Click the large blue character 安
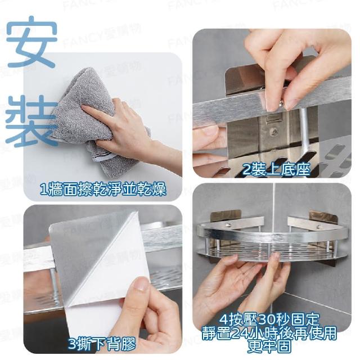click(x=31, y=42)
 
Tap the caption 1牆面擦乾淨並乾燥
click(x=103, y=190)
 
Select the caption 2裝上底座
click(x=276, y=170)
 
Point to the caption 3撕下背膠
click(x=102, y=344)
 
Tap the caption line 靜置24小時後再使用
click(x=269, y=333)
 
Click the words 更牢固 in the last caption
click(x=269, y=346)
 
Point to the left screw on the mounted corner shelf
click(x=228, y=226)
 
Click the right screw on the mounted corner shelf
click(x=318, y=227)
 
